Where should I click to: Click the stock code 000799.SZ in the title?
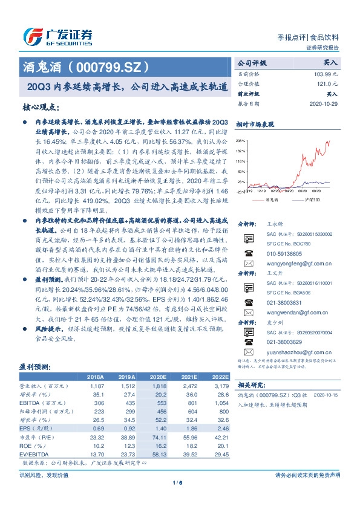coord(110,67)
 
